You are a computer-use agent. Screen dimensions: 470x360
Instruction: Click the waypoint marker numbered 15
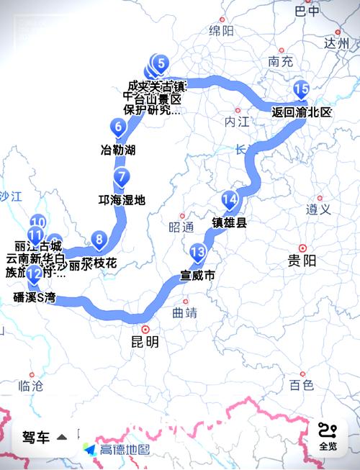tap(302, 90)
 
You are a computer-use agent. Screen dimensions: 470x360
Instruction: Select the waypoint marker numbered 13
tap(198, 252)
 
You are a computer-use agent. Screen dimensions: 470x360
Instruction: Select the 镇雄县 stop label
tap(229, 222)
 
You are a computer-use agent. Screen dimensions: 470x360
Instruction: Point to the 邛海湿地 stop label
tap(122, 199)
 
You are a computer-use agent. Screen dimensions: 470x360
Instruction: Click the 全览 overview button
tap(328, 436)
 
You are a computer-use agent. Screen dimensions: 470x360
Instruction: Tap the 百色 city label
tap(302, 385)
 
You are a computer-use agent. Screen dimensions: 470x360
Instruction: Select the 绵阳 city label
tap(221, 30)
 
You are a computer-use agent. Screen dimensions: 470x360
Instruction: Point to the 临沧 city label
tap(30, 386)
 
